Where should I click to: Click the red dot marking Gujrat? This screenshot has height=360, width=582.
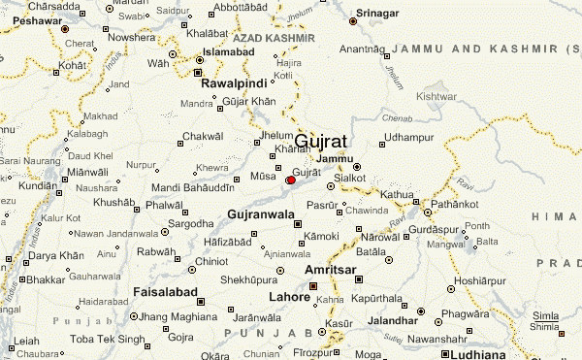290,180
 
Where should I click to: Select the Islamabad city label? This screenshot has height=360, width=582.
230,50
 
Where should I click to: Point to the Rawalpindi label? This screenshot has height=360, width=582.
233,83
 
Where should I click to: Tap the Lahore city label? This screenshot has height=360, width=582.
289,297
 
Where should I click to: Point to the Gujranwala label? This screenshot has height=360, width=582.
260,213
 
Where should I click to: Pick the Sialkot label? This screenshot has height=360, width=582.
350,179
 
